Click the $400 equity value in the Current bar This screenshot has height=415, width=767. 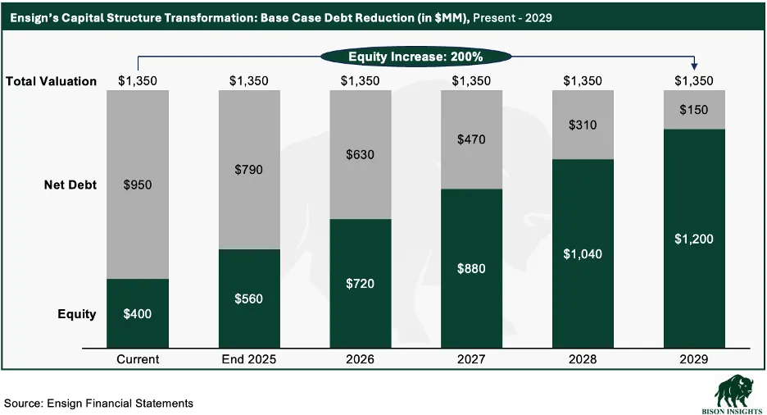pyautogui.click(x=138, y=314)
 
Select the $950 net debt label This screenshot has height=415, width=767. pyautogui.click(x=138, y=185)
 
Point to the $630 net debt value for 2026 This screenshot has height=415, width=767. pyautogui.click(x=361, y=155)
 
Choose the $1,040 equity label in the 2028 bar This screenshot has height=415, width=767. pyautogui.click(x=583, y=254)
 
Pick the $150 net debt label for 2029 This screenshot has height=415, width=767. pyautogui.click(x=694, y=110)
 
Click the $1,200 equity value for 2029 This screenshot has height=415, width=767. pyautogui.click(x=694, y=239)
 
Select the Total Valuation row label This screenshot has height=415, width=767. pyautogui.click(x=52, y=81)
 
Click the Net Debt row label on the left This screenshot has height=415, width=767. pyautogui.click(x=70, y=185)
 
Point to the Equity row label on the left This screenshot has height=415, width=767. pyautogui.click(x=76, y=314)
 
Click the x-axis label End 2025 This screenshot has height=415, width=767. pyautogui.click(x=249, y=359)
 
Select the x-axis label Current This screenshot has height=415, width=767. pyautogui.click(x=138, y=359)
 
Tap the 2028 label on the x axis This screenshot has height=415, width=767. pyautogui.click(x=583, y=359)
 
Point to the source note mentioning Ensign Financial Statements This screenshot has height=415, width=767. pyautogui.click(x=99, y=403)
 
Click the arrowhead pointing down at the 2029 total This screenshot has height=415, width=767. pyautogui.click(x=694, y=67)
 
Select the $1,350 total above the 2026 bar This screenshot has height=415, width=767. pyautogui.click(x=361, y=81)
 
